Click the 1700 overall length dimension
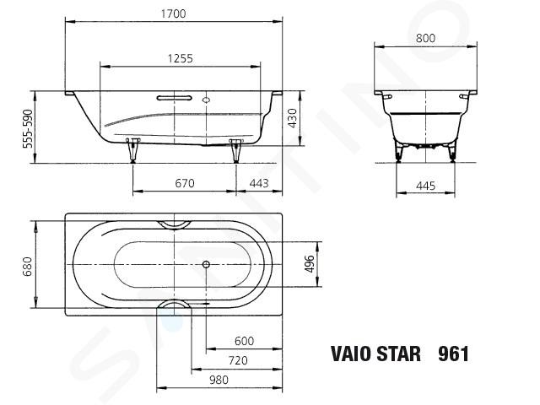pyautogui.click(x=174, y=13)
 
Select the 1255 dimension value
pyautogui.click(x=181, y=58)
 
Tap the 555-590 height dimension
pyautogui.click(x=28, y=129)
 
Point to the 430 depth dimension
pyautogui.click(x=293, y=118)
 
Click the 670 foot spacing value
pyautogui.click(x=185, y=183)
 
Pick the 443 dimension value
pyautogui.click(x=259, y=183)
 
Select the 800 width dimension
pyautogui.click(x=425, y=38)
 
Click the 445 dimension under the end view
pyautogui.click(x=426, y=186)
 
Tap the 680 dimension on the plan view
pyautogui.click(x=27, y=267)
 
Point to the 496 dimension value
pyautogui.click(x=310, y=264)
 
